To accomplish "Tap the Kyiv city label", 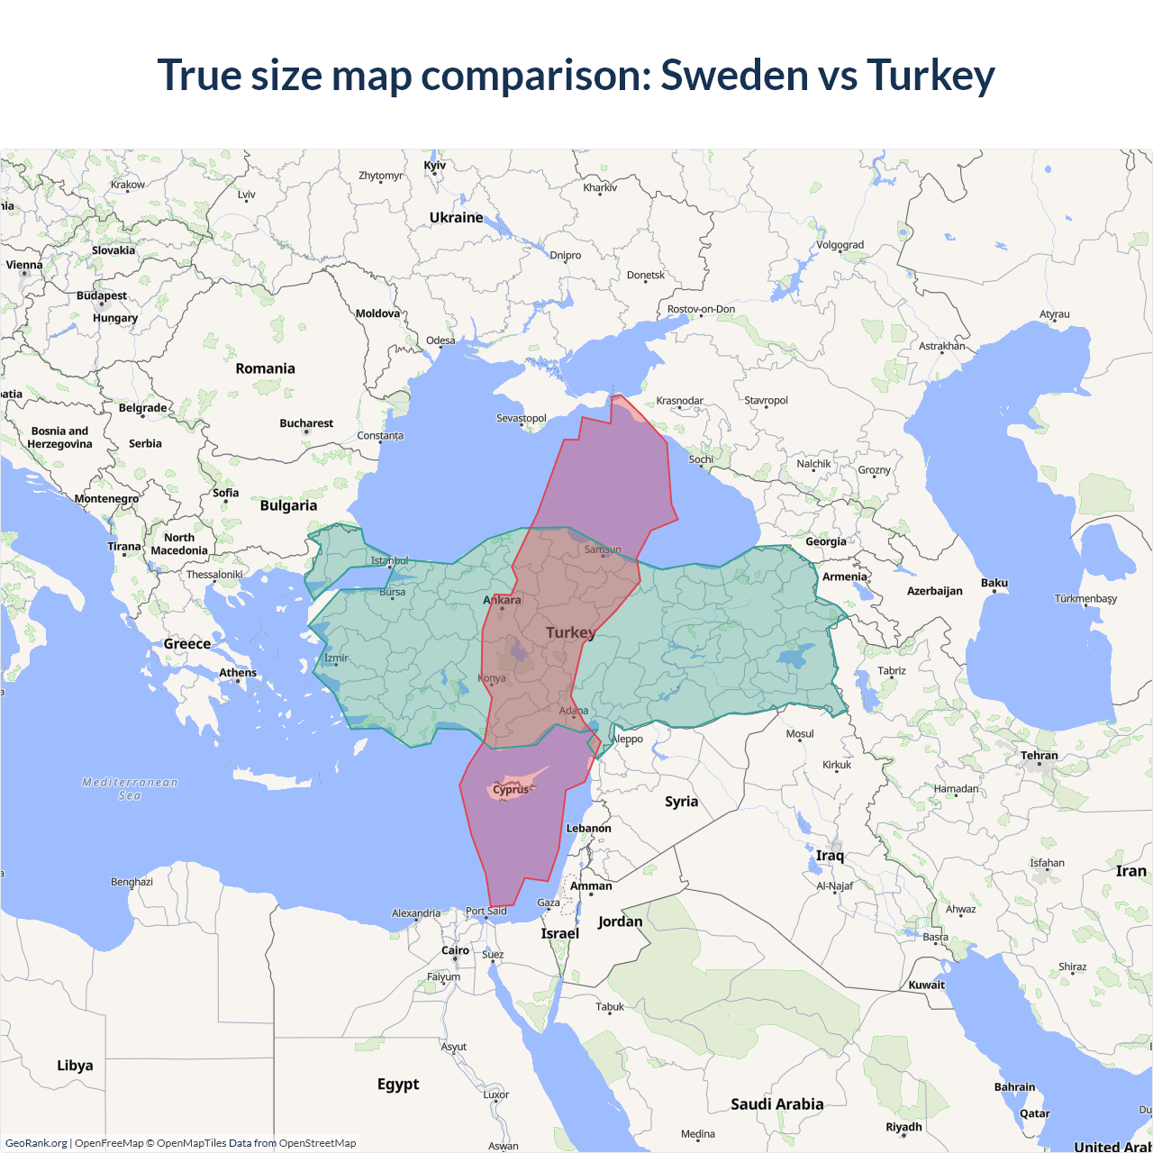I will pos(434,166).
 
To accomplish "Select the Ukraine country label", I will pos(456,218).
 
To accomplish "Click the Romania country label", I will pos(265,368).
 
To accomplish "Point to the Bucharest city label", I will pos(306,423).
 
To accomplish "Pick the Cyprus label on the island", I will pos(511,790).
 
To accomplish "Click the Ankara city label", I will pos(503,600).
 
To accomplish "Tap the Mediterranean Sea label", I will pos(130,788).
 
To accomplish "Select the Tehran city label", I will pos(1039,756).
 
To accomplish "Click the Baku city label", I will pos(994,583).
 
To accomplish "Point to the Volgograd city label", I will pos(840,245).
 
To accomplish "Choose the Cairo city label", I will pos(455,950).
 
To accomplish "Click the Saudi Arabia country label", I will pos(776,1104).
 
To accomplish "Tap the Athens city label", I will pos(238,673).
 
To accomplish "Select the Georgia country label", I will pos(825,541).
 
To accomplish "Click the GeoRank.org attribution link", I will pos(36,1143).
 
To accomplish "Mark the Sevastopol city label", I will pos(522,418).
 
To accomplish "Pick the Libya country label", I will pos(75,1066).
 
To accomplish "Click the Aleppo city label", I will pos(628,739).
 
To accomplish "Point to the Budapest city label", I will pos(102,295).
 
